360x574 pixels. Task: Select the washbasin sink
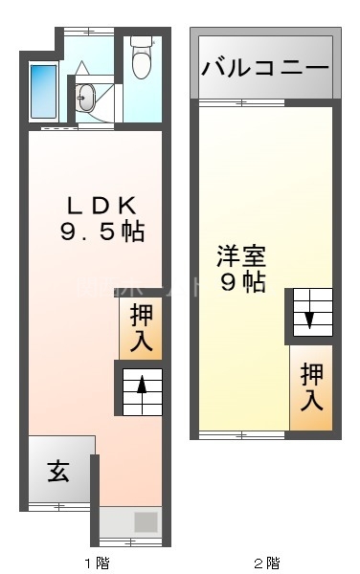(x=87, y=96)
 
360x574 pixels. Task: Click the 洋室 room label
(x=240, y=256)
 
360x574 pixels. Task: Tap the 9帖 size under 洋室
(x=241, y=283)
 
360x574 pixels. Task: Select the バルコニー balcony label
(x=265, y=68)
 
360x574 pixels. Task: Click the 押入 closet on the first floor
(x=141, y=327)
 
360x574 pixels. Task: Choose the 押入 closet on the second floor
(x=312, y=386)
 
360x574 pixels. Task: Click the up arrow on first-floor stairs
(x=142, y=387)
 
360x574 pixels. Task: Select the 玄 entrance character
(x=58, y=471)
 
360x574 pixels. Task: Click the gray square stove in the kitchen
(x=145, y=522)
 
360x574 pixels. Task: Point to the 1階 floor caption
(x=96, y=562)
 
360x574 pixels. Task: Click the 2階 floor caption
(x=266, y=562)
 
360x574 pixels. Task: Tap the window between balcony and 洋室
(x=266, y=100)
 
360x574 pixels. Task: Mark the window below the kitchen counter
(x=127, y=542)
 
